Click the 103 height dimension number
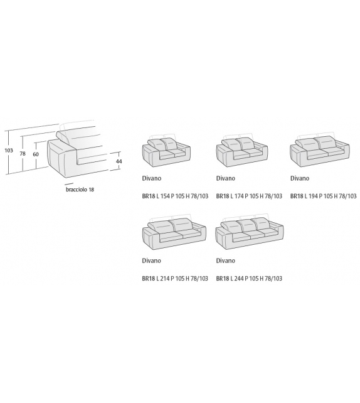pyautogui.click(x=9, y=150)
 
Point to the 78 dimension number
pyautogui.click(x=23, y=153)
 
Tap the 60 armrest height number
pyautogui.click(x=36, y=154)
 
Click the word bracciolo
pyautogui.click(x=77, y=190)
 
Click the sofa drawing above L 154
pyautogui.click(x=166, y=150)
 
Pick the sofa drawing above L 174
pyautogui.click(x=242, y=150)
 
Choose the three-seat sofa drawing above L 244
pyautogui.click(x=250, y=233)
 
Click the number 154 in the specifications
pyautogui.click(x=165, y=196)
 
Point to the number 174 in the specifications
pyautogui.click(x=239, y=196)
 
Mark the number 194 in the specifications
pyautogui.click(x=313, y=196)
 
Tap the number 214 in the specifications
pyautogui.click(x=165, y=278)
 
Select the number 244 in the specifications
pyautogui.click(x=239, y=278)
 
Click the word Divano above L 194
pyautogui.click(x=300, y=178)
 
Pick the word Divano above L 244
pyautogui.click(x=225, y=261)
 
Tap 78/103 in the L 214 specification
pyautogui.click(x=199, y=278)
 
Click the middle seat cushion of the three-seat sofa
pyautogui.click(x=250, y=234)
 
